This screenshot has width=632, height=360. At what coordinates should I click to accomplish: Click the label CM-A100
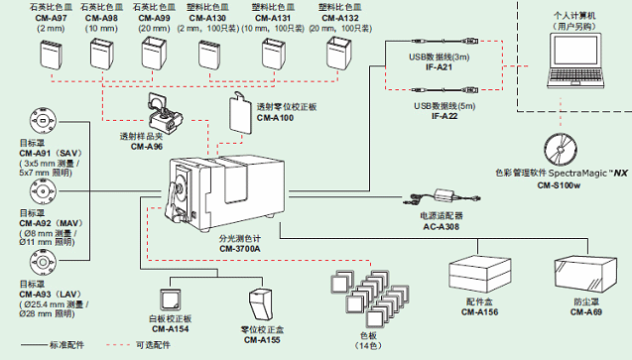(x=275, y=118)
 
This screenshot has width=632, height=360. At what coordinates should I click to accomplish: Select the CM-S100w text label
(x=563, y=183)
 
